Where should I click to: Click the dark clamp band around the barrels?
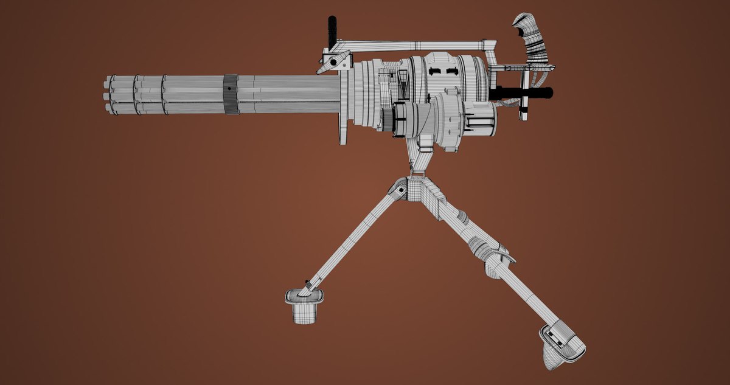(x=231, y=94)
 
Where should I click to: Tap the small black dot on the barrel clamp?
(x=229, y=89)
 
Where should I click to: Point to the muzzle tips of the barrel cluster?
(x=108, y=94)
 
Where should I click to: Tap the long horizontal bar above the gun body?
(x=414, y=45)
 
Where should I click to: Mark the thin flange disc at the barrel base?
(x=342, y=109)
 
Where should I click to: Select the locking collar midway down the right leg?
(x=496, y=258)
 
